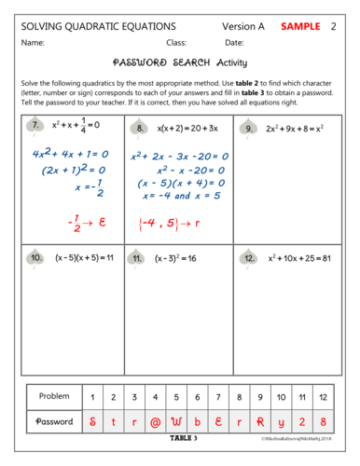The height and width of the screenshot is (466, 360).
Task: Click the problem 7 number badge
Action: pos(35,126)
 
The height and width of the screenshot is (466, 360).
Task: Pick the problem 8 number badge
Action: pos(141,127)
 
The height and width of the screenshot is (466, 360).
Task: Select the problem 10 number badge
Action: pos(35,257)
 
